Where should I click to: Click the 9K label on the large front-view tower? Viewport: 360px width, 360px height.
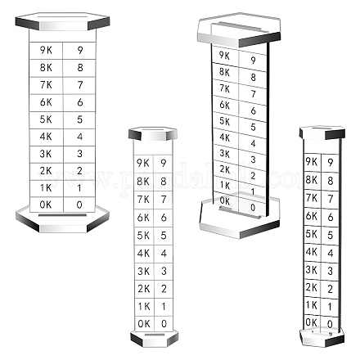click(x=46, y=50)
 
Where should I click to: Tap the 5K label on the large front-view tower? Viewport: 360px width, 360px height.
click(x=46, y=119)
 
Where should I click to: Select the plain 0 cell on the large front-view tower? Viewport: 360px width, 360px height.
click(x=79, y=205)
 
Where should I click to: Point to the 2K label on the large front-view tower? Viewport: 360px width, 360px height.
click(x=46, y=171)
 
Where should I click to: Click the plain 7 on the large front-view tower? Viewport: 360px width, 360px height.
click(x=80, y=84)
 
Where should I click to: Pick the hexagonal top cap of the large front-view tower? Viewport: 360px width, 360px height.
click(x=62, y=21)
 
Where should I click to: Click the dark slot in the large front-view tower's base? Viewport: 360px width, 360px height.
click(x=62, y=215)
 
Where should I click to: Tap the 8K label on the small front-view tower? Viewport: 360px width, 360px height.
click(x=143, y=181)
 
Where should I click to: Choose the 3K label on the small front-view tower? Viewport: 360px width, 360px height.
click(x=143, y=271)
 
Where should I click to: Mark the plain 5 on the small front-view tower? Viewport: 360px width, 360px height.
click(x=164, y=235)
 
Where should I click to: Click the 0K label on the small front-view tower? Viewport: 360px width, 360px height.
click(x=144, y=324)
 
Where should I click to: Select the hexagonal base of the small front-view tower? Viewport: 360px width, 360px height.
click(x=155, y=339)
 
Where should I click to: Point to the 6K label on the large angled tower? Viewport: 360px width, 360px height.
click(x=225, y=105)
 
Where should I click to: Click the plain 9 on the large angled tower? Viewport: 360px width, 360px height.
click(x=253, y=60)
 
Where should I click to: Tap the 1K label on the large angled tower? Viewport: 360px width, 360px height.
click(x=225, y=185)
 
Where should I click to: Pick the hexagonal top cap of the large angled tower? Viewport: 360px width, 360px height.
click(x=239, y=29)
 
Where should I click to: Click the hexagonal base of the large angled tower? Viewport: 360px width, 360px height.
click(x=240, y=218)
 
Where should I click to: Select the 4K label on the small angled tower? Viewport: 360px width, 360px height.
click(x=312, y=252)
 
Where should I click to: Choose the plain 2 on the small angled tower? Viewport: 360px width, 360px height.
click(x=330, y=289)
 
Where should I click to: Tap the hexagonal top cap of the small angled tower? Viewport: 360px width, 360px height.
click(x=322, y=133)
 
